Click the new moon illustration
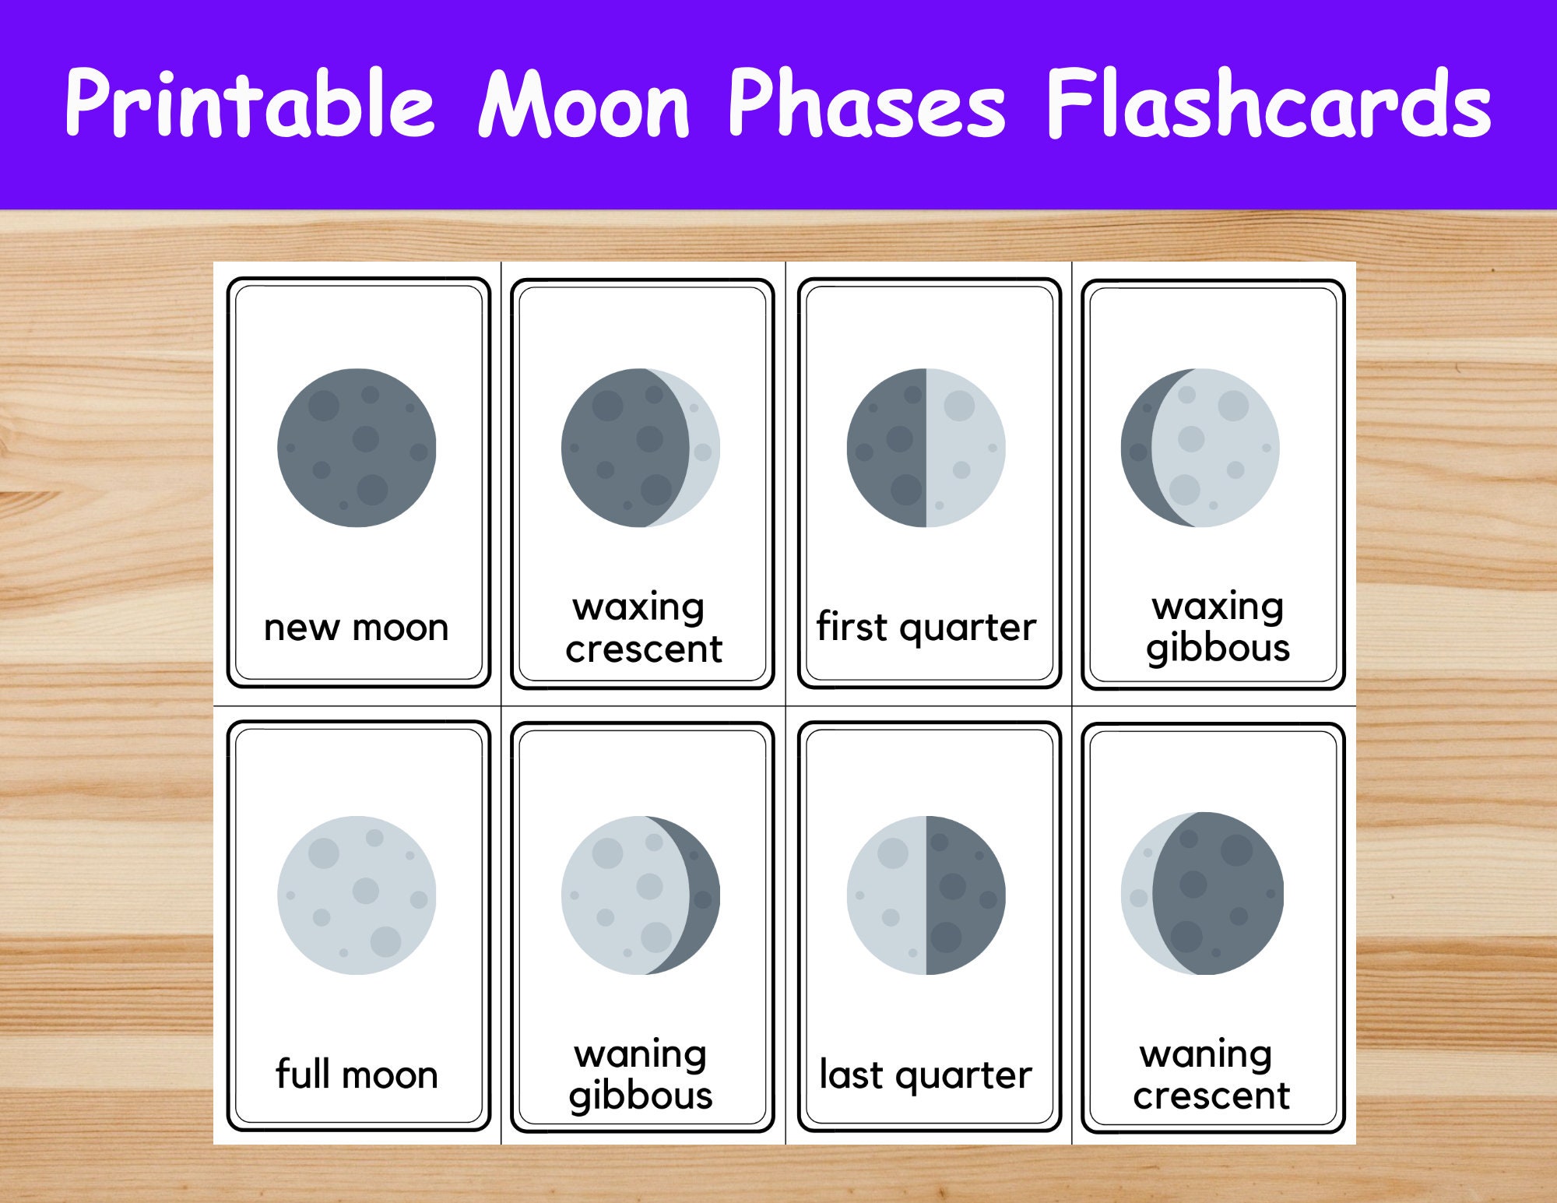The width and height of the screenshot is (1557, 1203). pos(357,448)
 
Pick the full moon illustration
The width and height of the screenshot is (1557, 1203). pos(357,895)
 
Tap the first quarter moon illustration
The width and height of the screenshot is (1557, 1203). pos(926,448)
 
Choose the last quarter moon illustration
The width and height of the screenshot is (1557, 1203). pos(926,895)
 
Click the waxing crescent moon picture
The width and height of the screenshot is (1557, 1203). pos(640,448)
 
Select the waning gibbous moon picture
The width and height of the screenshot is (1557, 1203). pos(640,895)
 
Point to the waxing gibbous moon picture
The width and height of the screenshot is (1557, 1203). pos(1200,448)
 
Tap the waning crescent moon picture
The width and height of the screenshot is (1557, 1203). pos(1202,893)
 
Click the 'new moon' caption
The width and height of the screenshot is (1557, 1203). pos(357,628)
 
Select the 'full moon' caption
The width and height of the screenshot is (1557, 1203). pos(357,1075)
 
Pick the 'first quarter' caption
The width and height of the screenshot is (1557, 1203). pos(926,628)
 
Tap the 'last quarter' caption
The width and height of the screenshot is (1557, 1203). pos(926,1075)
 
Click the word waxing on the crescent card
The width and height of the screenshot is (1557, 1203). pos(638,607)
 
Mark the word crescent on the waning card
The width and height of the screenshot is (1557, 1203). pos(1211,1096)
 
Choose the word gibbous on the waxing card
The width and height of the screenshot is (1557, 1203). pos(1218,649)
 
